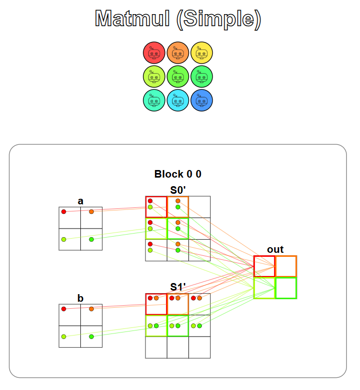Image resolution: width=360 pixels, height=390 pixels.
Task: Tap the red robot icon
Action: (x=154, y=52)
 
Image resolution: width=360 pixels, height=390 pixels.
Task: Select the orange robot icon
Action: (x=178, y=52)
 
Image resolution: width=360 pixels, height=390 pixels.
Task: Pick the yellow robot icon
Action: (x=202, y=52)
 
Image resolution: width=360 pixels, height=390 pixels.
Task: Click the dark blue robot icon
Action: (x=202, y=99)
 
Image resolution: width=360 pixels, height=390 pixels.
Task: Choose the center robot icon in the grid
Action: (x=178, y=76)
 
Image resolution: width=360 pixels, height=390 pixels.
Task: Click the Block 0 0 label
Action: (x=178, y=174)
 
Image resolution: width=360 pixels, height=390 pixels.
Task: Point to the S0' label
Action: (x=178, y=190)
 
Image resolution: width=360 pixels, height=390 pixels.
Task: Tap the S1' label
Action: (x=178, y=287)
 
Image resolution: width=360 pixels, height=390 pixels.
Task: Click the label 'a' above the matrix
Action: (x=80, y=201)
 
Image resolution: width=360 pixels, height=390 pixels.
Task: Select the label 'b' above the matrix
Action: (x=80, y=298)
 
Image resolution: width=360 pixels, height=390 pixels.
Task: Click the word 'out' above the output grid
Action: (x=275, y=249)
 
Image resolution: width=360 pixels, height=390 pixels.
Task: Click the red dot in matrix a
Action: (x=64, y=211)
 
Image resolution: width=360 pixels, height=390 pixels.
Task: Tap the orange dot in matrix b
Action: (x=91, y=309)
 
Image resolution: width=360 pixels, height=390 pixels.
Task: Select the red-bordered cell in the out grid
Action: (x=264, y=266)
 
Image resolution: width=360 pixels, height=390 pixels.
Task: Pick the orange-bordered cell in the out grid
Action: (x=286, y=266)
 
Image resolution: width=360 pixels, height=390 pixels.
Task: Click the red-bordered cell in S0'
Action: (x=156, y=207)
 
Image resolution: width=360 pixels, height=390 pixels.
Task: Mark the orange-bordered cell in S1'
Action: (x=178, y=304)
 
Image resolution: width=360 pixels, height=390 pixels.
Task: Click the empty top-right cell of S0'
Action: (x=199, y=207)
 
